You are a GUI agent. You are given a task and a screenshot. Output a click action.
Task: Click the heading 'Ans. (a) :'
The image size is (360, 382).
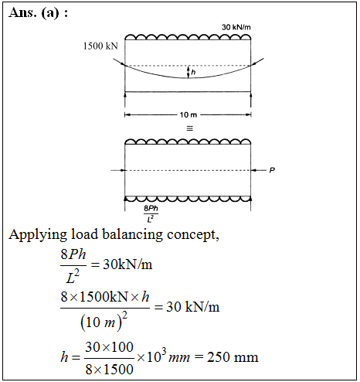(39, 12)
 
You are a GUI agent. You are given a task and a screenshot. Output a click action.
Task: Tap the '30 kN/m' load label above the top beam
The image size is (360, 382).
(236, 27)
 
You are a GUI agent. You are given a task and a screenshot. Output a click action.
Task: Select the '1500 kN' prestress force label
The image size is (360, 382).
(100, 46)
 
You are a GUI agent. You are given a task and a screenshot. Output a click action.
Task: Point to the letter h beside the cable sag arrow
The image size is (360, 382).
(193, 72)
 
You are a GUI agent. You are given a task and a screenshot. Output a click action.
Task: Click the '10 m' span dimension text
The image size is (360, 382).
(188, 114)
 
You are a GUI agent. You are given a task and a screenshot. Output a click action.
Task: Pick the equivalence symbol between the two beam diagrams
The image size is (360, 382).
(189, 128)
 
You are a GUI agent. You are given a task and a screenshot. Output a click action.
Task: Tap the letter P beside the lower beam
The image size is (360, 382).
(272, 170)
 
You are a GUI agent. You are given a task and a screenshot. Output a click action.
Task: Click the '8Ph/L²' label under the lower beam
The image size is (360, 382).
(151, 213)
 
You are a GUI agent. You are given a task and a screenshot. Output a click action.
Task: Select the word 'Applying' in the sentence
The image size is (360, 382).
(38, 235)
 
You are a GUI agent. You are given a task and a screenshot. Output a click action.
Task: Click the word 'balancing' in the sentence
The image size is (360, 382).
(132, 234)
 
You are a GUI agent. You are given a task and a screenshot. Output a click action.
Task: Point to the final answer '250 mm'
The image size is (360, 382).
(233, 357)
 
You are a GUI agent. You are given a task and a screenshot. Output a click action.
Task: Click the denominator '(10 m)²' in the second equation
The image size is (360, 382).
(104, 322)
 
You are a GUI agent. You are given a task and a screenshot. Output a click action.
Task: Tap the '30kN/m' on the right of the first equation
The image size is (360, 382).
(127, 264)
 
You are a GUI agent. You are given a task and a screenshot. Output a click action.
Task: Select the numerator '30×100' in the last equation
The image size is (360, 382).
(110, 347)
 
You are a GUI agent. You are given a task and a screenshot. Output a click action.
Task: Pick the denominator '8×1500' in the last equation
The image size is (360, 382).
(110, 369)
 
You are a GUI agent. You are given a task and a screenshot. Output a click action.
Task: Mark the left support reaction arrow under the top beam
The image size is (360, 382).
(125, 100)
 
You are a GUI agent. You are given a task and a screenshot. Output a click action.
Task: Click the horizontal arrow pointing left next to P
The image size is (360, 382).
(258, 170)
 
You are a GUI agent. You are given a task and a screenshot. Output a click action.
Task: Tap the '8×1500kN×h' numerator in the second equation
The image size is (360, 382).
(105, 297)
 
